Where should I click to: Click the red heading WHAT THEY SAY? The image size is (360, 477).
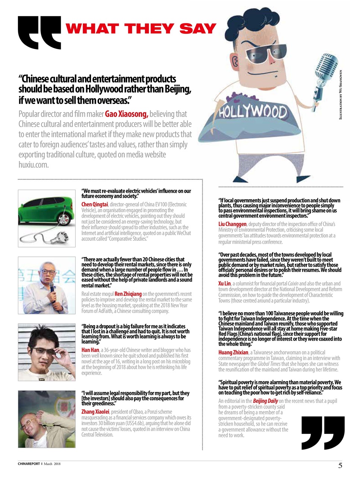coord(141,29)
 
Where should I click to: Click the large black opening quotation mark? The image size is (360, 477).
coord(39,33)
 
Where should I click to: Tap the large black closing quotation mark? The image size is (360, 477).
coord(323,433)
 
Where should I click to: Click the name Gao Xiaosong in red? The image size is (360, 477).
coord(127,114)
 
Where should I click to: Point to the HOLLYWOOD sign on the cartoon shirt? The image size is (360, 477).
coord(253,111)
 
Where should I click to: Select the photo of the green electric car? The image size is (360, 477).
coord(47,218)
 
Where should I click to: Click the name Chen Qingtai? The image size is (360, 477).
coord(95,205)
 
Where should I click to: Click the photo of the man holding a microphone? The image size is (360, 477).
coord(47,285)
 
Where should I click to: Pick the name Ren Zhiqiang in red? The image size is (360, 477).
coord(128,294)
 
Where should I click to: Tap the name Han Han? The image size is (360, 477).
coord(90,350)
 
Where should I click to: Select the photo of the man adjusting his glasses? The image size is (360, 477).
coord(47,352)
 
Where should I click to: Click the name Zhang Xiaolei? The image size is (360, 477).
coord(95,412)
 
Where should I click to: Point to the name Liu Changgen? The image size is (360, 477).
coord(232,224)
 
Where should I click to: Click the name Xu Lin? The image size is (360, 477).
coord(224,284)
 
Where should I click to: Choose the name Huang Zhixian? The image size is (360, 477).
coord(233,353)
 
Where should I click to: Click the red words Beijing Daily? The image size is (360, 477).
coord(265,401)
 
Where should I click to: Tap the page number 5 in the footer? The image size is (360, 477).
coord(340,465)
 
